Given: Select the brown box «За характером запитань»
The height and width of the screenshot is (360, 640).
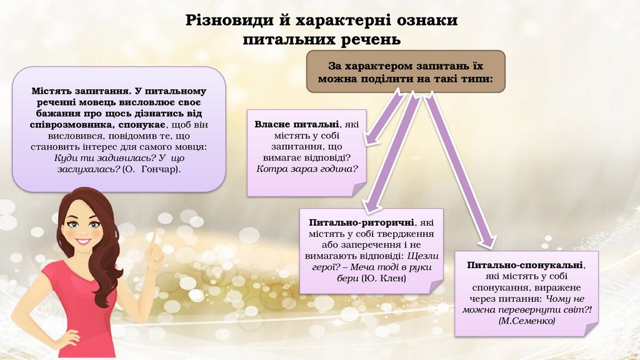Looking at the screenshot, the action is tap(406, 72).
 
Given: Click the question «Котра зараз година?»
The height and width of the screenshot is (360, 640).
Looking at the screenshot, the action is tap(307, 169).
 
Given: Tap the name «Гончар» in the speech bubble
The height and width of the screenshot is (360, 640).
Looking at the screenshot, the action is tap(159, 169).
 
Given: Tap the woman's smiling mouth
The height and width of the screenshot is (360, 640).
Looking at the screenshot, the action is tap(84, 241).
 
